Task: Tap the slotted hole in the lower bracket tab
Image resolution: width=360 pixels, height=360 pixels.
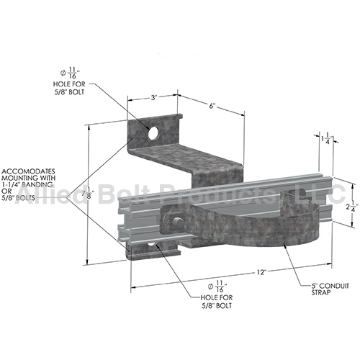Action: [x=153, y=248]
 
